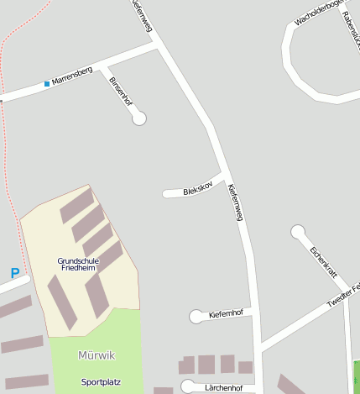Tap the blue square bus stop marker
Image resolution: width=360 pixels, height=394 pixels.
(46, 84)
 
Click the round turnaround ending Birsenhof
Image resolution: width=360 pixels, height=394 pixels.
(139, 118)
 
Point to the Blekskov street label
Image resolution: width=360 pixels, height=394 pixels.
(197, 187)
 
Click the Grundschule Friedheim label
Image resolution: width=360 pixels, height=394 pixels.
(78, 264)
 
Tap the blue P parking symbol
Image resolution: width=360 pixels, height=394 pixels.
(15, 273)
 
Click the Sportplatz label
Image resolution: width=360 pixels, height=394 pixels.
(101, 382)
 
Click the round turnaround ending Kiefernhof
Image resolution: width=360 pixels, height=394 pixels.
(196, 317)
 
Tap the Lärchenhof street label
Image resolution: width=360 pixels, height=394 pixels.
(223, 388)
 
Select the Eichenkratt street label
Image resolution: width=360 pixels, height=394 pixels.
(323, 263)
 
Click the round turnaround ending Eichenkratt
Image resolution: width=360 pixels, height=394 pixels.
(298, 231)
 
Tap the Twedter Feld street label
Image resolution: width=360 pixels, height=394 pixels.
(343, 295)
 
